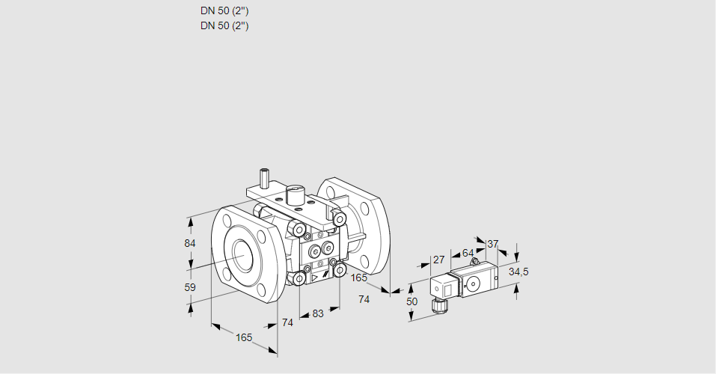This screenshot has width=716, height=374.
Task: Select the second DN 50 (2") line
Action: pos(224,25)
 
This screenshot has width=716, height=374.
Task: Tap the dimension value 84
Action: pos(190,244)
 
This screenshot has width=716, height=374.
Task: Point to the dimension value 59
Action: pos(190,287)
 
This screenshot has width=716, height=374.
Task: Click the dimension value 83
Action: pos(318,313)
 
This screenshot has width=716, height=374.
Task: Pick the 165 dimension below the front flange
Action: pos(244,337)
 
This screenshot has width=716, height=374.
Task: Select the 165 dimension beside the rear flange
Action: pos(359,278)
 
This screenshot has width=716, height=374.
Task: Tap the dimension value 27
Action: pos(439,260)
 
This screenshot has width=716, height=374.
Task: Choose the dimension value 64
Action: pos(468,253)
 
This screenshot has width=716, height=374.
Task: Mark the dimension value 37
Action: pos(492,244)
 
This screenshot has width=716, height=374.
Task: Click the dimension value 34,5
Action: pos(518,272)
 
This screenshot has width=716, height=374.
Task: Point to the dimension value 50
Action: pos(411,301)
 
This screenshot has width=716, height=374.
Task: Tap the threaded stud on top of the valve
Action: pos(264,179)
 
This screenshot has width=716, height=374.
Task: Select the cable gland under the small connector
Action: pos(438,304)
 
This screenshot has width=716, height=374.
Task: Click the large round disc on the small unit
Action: pos(473,284)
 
